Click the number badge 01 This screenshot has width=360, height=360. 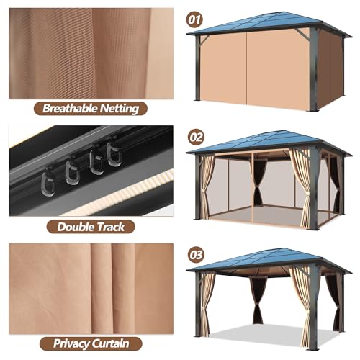pyautogui.click(x=194, y=19)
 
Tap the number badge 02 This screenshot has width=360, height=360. pyautogui.click(x=196, y=137)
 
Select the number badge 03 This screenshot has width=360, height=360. pyautogui.click(x=196, y=255)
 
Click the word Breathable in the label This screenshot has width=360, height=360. pyautogui.click(x=70, y=108)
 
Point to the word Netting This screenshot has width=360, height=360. pyautogui.click(x=120, y=109)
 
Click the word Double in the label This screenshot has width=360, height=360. pyautogui.click(x=74, y=227)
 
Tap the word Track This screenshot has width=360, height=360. pyautogui.click(x=109, y=227)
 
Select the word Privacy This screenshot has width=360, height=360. pyautogui.click(x=71, y=343)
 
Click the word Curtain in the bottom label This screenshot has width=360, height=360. pyautogui.click(x=110, y=343)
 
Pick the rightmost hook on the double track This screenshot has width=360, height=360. pyautogui.click(x=114, y=154)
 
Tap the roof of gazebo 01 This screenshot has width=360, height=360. pyautogui.click(x=269, y=24)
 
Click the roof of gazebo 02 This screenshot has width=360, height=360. pyautogui.click(x=269, y=143)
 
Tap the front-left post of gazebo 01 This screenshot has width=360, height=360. pyautogui.click(x=197, y=68)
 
